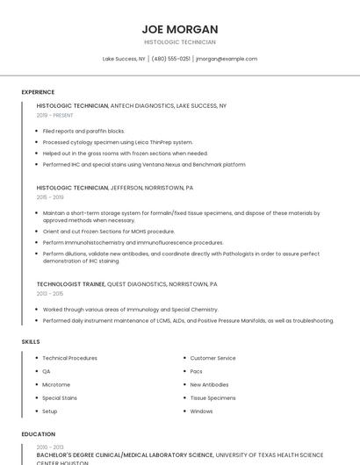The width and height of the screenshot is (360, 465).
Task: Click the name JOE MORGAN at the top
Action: pyautogui.click(x=179, y=29)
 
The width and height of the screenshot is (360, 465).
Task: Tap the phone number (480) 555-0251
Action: pyautogui.click(x=170, y=59)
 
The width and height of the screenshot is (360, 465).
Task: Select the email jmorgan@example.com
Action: pyautogui.click(x=227, y=59)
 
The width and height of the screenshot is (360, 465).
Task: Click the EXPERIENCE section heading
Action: pyautogui.click(x=38, y=92)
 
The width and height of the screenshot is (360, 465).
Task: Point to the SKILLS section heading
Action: pyautogui.click(x=30, y=341)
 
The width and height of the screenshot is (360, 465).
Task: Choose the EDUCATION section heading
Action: pyautogui.click(x=38, y=433)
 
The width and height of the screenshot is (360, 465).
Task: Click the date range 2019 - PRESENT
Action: pyautogui.click(x=55, y=115)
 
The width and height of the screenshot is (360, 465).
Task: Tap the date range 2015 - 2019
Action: pyautogui.click(x=49, y=197)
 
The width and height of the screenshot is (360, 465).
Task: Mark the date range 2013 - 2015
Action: pyautogui.click(x=49, y=294)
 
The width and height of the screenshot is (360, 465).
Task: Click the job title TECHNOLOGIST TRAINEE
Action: pyautogui.click(x=70, y=284)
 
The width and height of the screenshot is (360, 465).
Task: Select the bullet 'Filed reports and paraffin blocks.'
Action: pyautogui.click(x=83, y=131)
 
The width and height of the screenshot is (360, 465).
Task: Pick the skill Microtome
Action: pyautogui.click(x=56, y=384)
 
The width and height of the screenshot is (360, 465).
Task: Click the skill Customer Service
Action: pyautogui.click(x=212, y=358)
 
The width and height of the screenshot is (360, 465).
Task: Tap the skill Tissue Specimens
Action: pyautogui.click(x=212, y=397)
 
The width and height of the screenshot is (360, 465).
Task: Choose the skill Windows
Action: pyautogui.click(x=201, y=411)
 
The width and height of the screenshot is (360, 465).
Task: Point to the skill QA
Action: pyautogui.click(x=47, y=371)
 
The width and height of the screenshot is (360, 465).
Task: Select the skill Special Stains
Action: pyautogui.click(x=60, y=397)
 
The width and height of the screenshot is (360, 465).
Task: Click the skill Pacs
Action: pyautogui.click(x=197, y=371)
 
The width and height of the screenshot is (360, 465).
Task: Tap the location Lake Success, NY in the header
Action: pyautogui.click(x=124, y=59)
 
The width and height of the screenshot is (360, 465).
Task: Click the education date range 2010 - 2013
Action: pyautogui.click(x=49, y=447)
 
